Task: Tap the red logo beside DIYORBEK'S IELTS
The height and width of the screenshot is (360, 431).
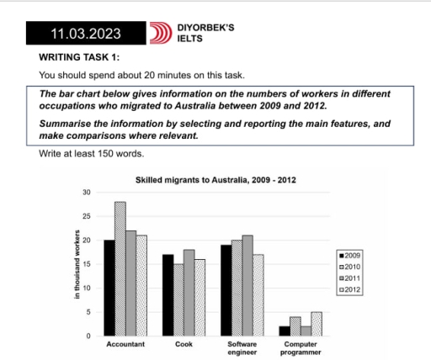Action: [x=160, y=34]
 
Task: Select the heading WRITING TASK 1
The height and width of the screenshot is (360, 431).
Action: [x=80, y=57]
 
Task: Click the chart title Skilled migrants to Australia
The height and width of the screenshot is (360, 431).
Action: [x=215, y=180]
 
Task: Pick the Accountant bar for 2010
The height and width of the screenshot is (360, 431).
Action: [x=120, y=269]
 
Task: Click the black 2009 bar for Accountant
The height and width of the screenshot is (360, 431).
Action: [x=109, y=288]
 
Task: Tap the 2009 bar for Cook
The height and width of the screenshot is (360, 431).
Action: [x=168, y=294]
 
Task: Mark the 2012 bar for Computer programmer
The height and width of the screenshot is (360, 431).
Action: [x=316, y=324]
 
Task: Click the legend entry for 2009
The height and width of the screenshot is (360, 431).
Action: [x=349, y=254]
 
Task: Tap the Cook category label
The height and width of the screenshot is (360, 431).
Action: [x=184, y=345]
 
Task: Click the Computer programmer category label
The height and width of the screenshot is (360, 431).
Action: [x=301, y=349]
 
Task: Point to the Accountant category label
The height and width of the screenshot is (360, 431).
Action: [x=125, y=345]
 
